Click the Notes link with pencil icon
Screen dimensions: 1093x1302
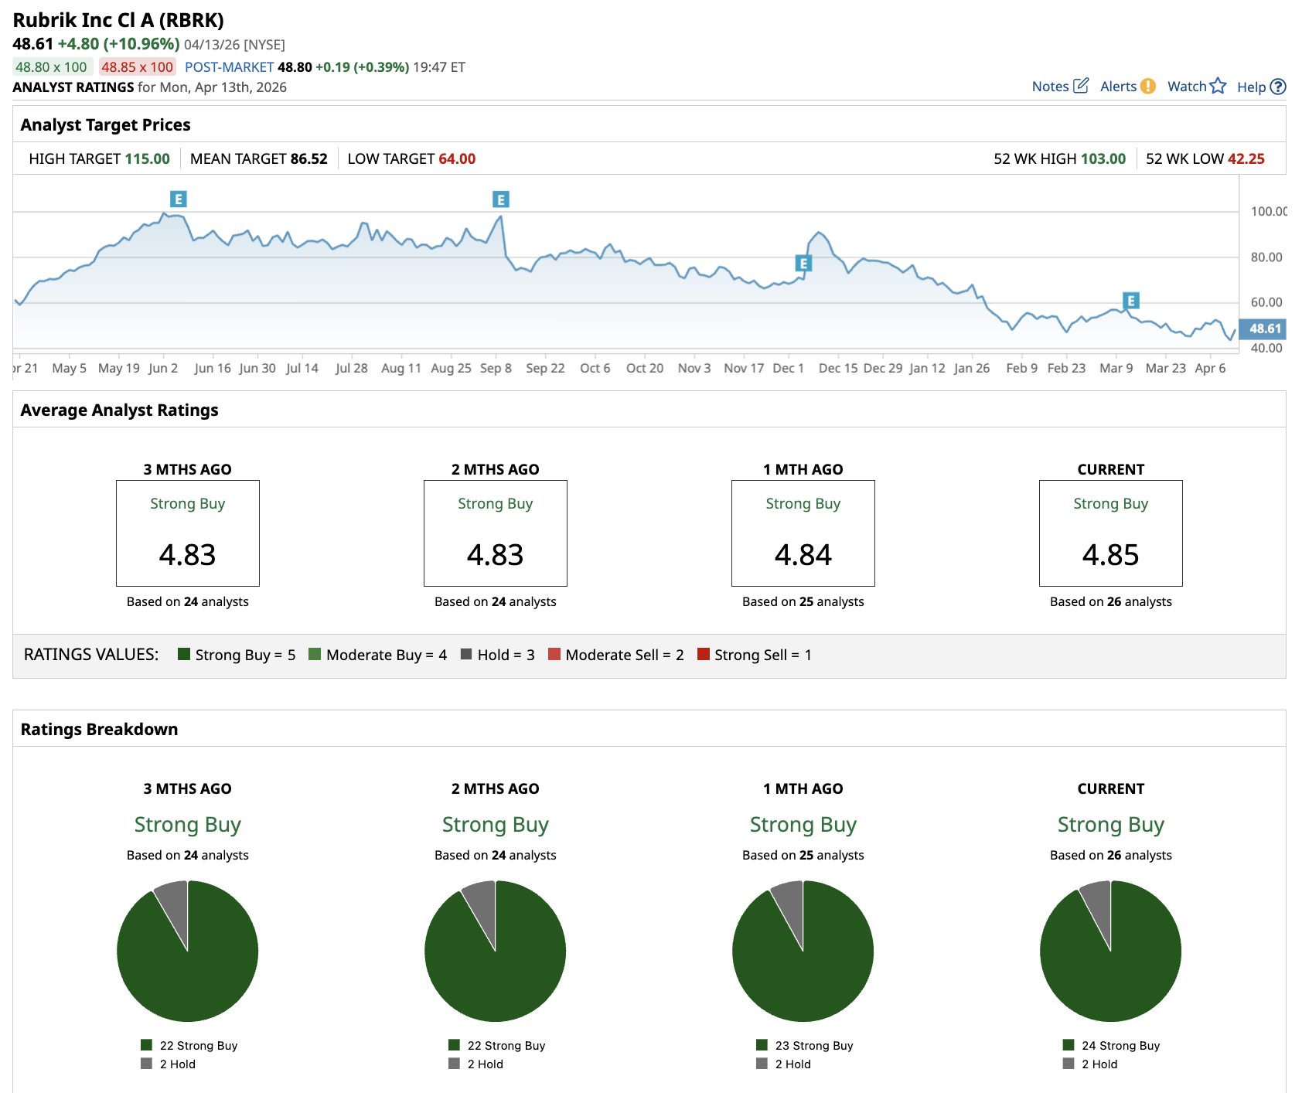click(1060, 87)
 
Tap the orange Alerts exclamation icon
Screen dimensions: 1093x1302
click(1148, 87)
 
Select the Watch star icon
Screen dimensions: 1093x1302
click(1218, 86)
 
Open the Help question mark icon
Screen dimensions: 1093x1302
click(1278, 87)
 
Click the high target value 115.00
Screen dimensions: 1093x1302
click(148, 159)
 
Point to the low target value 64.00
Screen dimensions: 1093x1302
click(457, 159)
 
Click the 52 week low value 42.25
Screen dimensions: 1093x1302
click(1246, 159)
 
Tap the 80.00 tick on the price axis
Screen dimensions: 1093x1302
click(1266, 257)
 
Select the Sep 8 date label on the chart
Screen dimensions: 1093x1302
click(496, 369)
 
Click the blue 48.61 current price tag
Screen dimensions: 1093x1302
click(1263, 329)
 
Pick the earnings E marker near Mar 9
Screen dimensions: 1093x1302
click(1131, 301)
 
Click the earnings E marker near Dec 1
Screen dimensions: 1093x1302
click(803, 264)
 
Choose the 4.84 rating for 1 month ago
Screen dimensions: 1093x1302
click(803, 555)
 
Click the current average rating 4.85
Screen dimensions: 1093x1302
click(1110, 555)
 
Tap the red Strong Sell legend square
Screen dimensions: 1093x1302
click(704, 654)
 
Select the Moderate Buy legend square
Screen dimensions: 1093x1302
click(315, 654)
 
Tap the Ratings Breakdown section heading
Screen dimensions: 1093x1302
click(99, 730)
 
